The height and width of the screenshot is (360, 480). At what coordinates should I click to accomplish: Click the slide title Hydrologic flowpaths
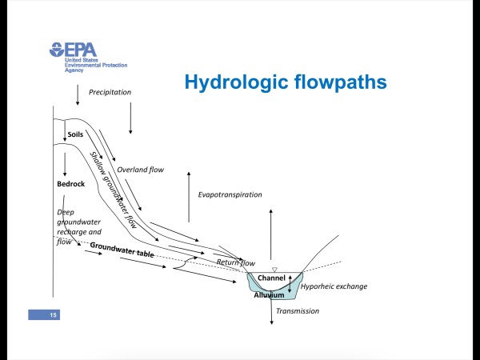286,82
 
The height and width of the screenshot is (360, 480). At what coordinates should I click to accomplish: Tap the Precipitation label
110,92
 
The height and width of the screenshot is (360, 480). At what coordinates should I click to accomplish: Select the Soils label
75,134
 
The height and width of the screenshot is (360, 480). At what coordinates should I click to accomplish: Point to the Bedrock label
70,184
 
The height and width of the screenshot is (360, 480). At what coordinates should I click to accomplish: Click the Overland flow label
140,170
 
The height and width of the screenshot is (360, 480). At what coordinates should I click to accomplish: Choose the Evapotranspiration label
230,194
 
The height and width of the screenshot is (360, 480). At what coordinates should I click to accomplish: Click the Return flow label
236,262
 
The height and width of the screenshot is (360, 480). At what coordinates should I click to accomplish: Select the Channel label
271,278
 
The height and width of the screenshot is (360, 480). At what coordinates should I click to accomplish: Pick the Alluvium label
269,295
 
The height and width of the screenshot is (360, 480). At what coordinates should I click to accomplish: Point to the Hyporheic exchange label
334,286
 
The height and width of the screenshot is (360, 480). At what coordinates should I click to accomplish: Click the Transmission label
297,311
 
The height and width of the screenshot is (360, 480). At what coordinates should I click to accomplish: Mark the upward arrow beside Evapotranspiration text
189,196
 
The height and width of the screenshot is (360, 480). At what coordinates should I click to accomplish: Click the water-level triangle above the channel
274,269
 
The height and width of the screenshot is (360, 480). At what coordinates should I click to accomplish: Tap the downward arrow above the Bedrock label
65,164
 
